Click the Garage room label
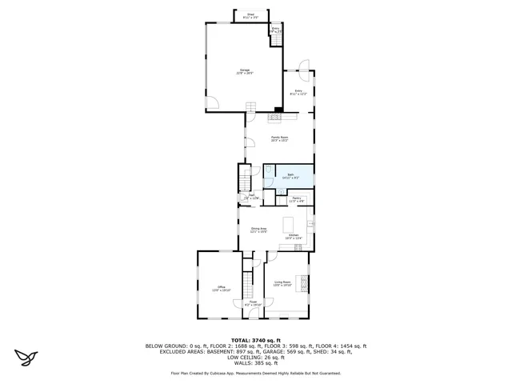(x=245, y=72)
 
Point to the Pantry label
(x=295, y=199)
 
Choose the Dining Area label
(x=258, y=230)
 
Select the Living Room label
(x=282, y=283)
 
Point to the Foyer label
(x=252, y=303)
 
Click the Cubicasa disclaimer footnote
(x=256, y=373)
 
